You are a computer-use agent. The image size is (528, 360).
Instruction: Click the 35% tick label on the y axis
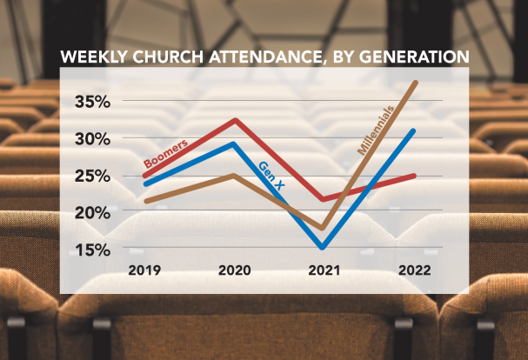click(x=91, y=103)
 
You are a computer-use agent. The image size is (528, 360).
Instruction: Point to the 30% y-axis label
click(x=91, y=140)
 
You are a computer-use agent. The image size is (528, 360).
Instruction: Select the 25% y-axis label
click(x=91, y=177)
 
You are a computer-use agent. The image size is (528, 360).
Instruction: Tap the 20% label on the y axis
click(x=91, y=213)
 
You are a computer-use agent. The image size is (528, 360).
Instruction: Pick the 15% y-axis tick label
click(x=91, y=250)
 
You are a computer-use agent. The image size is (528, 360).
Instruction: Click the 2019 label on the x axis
click(x=144, y=270)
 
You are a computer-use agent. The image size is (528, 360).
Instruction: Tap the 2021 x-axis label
click(x=325, y=270)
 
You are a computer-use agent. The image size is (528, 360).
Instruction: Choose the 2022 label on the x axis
click(x=414, y=270)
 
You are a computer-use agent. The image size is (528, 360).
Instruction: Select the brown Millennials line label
click(x=376, y=130)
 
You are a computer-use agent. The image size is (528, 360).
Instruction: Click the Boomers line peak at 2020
click(x=236, y=121)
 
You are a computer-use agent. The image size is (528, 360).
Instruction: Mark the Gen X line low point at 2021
click(x=323, y=246)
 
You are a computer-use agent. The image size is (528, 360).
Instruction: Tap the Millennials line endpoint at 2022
click(x=415, y=83)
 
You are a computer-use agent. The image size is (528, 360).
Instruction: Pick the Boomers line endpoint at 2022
click(x=414, y=176)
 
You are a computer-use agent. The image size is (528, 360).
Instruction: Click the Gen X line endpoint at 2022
click(x=413, y=131)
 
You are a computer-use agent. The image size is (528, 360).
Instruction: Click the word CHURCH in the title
click(x=175, y=58)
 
